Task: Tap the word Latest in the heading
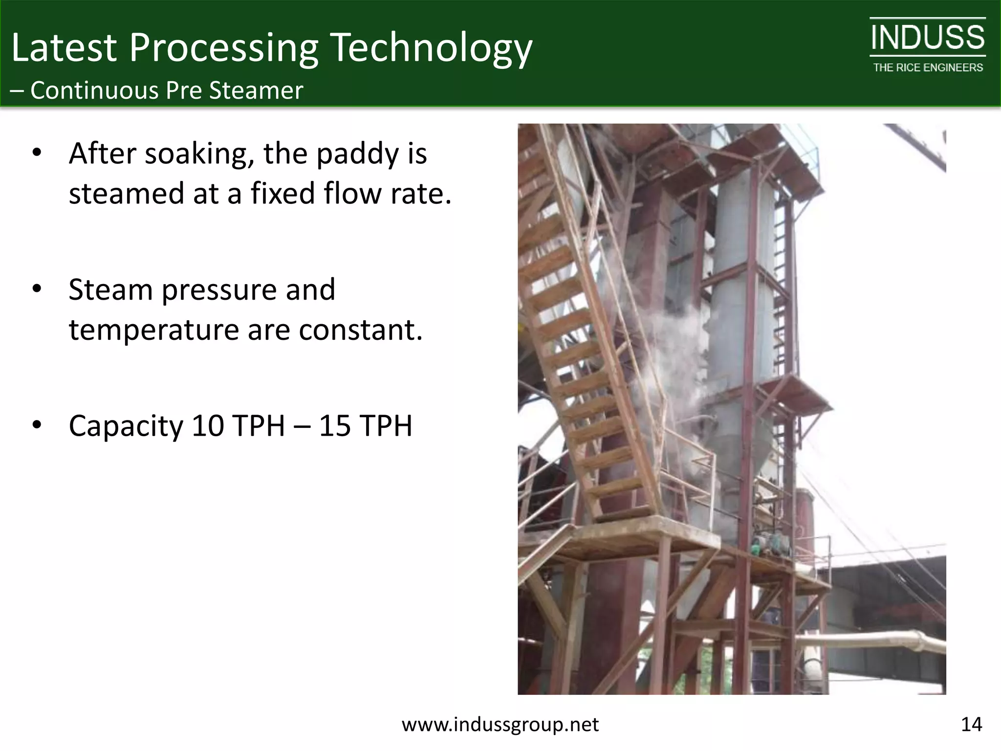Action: coord(64,48)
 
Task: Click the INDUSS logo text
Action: coord(927,38)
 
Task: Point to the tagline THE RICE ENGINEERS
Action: coord(928,67)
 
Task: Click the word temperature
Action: coord(153,330)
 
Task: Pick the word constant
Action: coord(360,330)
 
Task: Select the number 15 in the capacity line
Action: coord(335,425)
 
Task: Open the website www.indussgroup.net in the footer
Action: coord(500,724)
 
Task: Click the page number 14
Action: coord(971,724)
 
